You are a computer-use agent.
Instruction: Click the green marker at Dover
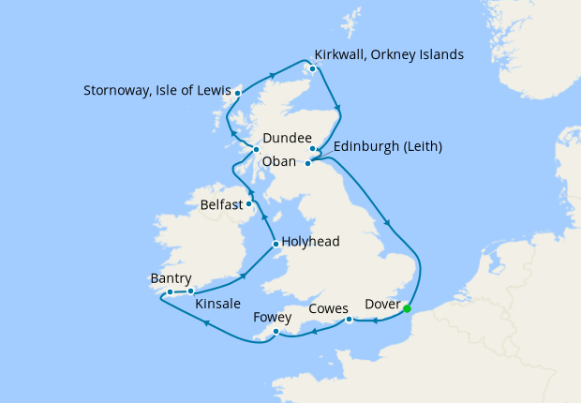[407, 309]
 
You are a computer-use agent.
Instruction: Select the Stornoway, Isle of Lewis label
[156, 92]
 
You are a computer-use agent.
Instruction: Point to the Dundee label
[288, 139]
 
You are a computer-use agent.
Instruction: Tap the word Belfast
[222, 203]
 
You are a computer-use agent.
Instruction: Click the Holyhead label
[311, 242]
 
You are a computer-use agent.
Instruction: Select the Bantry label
[171, 278]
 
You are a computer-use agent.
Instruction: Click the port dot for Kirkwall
[312, 67]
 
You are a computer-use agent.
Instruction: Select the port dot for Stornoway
[238, 93]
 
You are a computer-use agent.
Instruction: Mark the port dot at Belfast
[248, 203]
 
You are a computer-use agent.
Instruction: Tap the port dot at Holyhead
[275, 246]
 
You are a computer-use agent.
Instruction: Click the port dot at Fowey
[276, 333]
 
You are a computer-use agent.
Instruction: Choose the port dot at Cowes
[349, 320]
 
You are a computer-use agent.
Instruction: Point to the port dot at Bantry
[170, 292]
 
